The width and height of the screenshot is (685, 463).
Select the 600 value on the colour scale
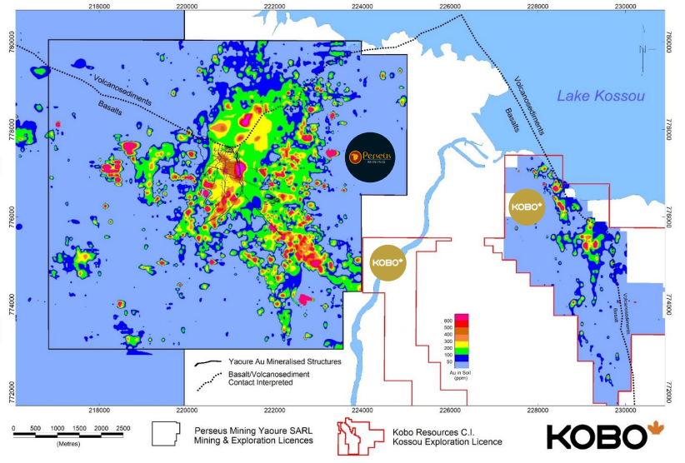click(447, 321)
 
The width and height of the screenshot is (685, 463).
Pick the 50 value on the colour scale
click(448, 361)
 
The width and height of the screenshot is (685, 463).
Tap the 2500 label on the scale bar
click(122, 428)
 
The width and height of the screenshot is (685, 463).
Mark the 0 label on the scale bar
click(14, 428)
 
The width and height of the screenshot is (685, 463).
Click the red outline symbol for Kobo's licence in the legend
click(356, 436)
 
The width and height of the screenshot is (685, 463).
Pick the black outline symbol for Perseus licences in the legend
click(167, 436)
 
